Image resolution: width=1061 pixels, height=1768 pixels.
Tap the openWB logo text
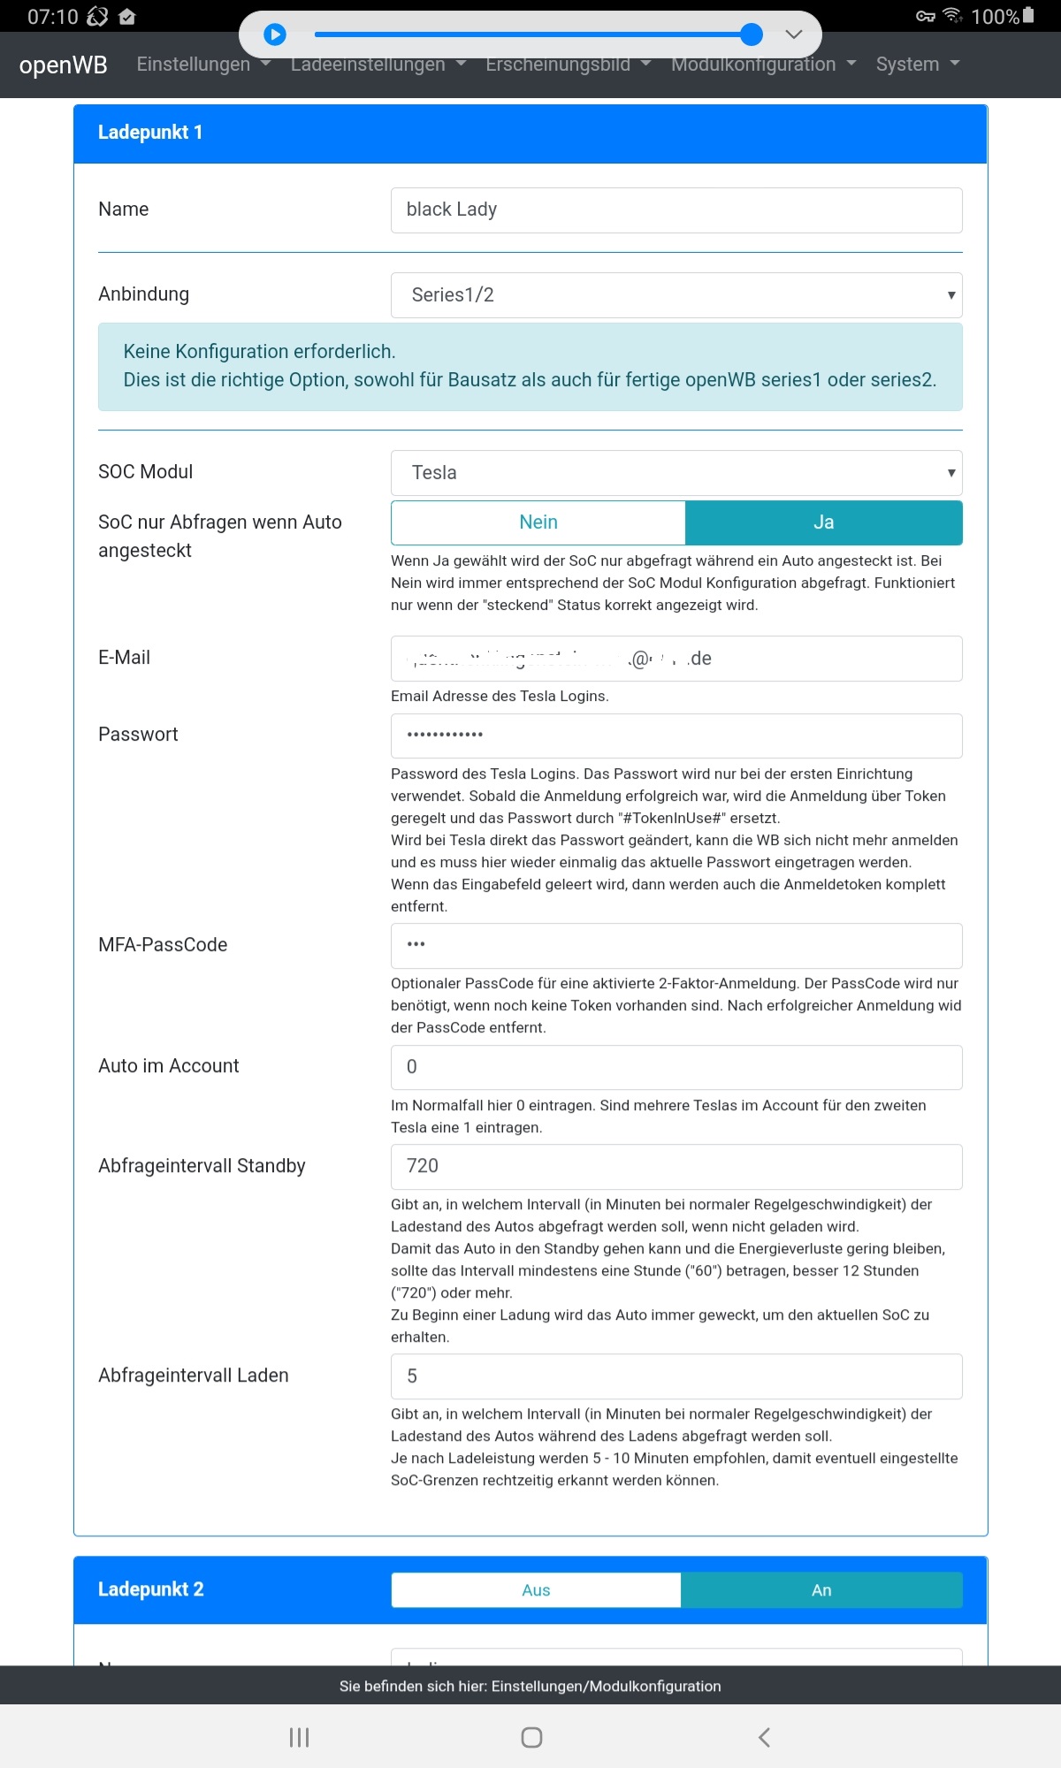tap(63, 65)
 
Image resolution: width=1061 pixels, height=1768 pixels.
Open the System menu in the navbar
tap(917, 65)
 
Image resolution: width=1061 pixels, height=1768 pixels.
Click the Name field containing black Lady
tap(676, 210)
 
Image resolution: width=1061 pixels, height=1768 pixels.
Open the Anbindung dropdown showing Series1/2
tap(676, 295)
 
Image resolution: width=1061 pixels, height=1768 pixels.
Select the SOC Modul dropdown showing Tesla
tap(676, 473)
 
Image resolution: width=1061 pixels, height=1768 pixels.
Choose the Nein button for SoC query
tap(538, 522)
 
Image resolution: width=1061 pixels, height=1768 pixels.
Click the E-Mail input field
tap(676, 659)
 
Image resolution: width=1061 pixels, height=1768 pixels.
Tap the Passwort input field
tap(676, 735)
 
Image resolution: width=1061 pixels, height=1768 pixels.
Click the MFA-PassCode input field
tap(676, 945)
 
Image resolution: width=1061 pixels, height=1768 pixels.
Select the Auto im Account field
tap(676, 1067)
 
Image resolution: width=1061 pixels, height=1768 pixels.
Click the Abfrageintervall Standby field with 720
tap(676, 1166)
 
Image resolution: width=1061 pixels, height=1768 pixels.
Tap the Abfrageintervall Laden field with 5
tap(676, 1376)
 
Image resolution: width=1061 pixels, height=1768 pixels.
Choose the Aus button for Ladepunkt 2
tap(536, 1590)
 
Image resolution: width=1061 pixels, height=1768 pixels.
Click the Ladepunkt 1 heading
tap(150, 133)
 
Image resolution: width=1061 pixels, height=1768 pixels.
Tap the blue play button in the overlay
tap(275, 34)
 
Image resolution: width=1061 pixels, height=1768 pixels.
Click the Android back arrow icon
tap(764, 1737)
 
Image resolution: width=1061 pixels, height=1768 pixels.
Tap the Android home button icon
tap(531, 1737)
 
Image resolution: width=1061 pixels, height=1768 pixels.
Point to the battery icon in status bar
tap(1028, 15)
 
